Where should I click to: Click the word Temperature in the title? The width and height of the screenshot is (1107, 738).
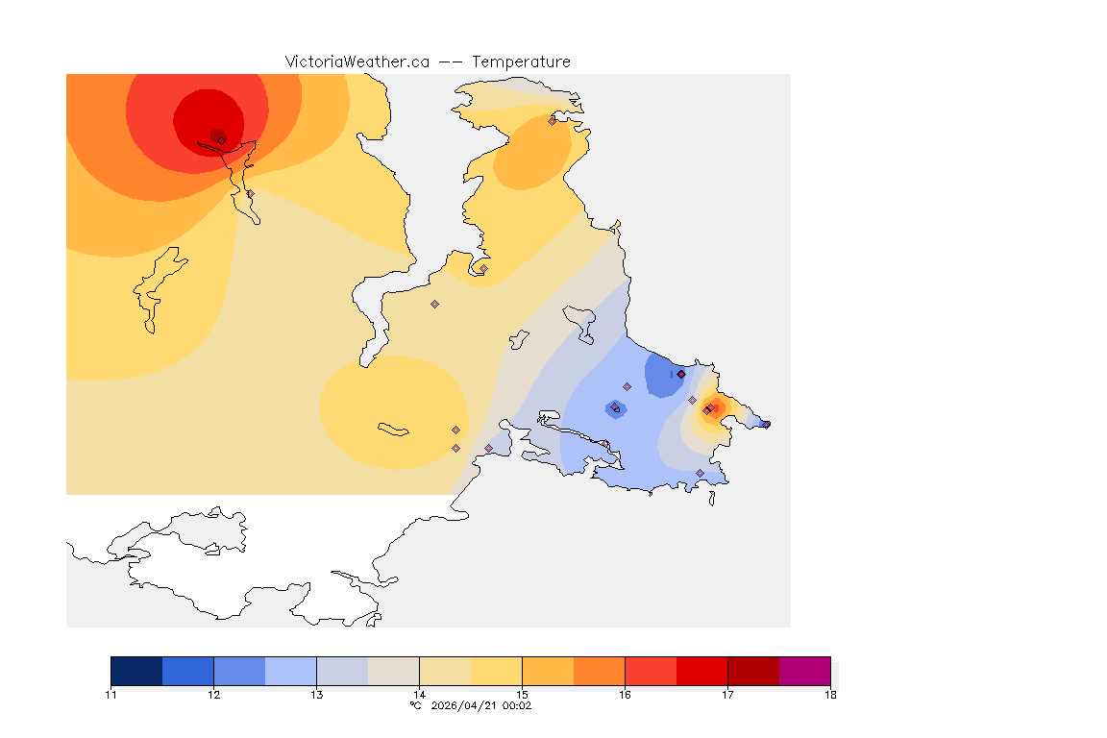coord(521,61)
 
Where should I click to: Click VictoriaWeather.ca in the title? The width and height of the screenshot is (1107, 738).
coord(357,61)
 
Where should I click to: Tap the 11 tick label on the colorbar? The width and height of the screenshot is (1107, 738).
coord(111,695)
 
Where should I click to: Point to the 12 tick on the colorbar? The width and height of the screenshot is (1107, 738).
coord(213,695)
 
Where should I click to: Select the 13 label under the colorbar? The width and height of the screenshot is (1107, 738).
coord(316,695)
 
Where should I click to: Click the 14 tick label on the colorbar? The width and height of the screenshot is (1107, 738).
coord(419,695)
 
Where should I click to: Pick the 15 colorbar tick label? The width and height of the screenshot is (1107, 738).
coord(522,695)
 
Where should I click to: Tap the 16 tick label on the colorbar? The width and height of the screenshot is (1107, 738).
coord(625,695)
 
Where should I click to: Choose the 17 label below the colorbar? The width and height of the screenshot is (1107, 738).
coord(727,695)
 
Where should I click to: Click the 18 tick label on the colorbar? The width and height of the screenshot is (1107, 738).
coord(830,695)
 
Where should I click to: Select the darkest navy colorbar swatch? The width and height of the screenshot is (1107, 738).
coord(136,671)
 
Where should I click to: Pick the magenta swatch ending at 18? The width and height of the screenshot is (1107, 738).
coord(804,671)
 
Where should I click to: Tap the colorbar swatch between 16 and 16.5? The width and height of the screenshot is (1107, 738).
coord(651,671)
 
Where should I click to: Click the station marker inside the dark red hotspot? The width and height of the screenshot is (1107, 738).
coord(221,140)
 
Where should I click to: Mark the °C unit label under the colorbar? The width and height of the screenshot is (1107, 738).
coord(415,705)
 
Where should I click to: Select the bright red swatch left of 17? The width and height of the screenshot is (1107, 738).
coord(701,671)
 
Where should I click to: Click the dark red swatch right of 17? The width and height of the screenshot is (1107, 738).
coord(753,671)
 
